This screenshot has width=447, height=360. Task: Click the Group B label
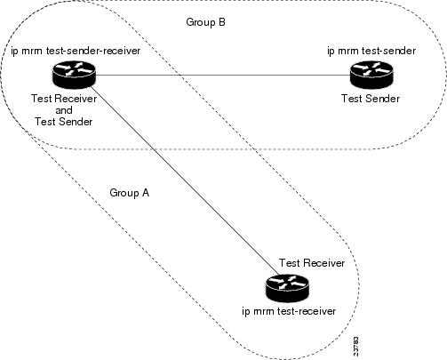pyautogui.click(x=205, y=22)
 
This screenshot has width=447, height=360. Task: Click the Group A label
pyautogui.click(x=130, y=193)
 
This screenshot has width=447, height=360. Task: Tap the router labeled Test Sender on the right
pyautogui.click(x=371, y=75)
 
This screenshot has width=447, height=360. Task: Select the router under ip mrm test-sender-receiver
pyautogui.click(x=74, y=75)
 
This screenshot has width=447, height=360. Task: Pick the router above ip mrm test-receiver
pyautogui.click(x=287, y=288)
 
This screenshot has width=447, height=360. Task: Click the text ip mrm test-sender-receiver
pyautogui.click(x=76, y=51)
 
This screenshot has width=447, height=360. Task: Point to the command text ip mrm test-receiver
pyautogui.click(x=289, y=311)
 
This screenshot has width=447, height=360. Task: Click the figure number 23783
pyautogui.click(x=355, y=346)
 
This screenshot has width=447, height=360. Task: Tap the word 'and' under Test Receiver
pyautogui.click(x=64, y=110)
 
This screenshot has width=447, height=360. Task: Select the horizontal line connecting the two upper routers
pyautogui.click(x=223, y=75)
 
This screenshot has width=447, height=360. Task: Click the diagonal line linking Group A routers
pyautogui.click(x=185, y=180)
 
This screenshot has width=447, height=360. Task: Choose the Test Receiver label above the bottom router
pyautogui.click(x=312, y=263)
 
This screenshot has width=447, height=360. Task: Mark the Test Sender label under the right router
pyautogui.click(x=371, y=99)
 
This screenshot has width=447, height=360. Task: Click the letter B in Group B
pyautogui.click(x=222, y=22)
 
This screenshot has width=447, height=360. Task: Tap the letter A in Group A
pyautogui.click(x=146, y=193)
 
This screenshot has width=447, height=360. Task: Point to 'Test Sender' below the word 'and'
pyautogui.click(x=64, y=122)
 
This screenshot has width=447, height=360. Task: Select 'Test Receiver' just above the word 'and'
pyautogui.click(x=64, y=99)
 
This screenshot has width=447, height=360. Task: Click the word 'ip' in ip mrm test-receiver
pyautogui.click(x=246, y=312)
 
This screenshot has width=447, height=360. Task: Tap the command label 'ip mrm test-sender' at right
pyautogui.click(x=371, y=51)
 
